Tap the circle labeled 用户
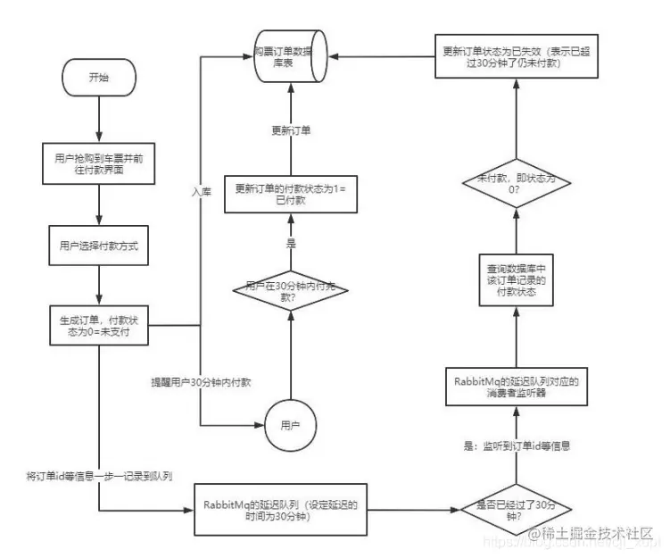(x=290, y=422)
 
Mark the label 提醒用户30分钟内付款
(x=200, y=383)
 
